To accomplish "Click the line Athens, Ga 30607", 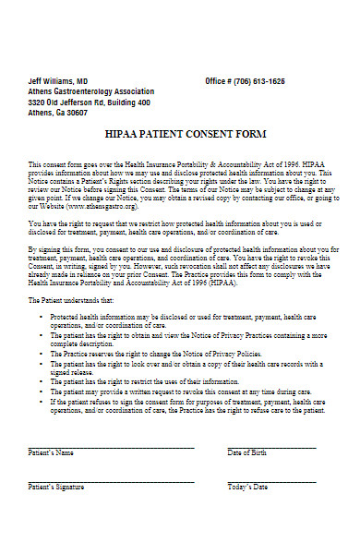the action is pos(58,113).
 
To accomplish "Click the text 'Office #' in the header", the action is pos(219,81).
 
